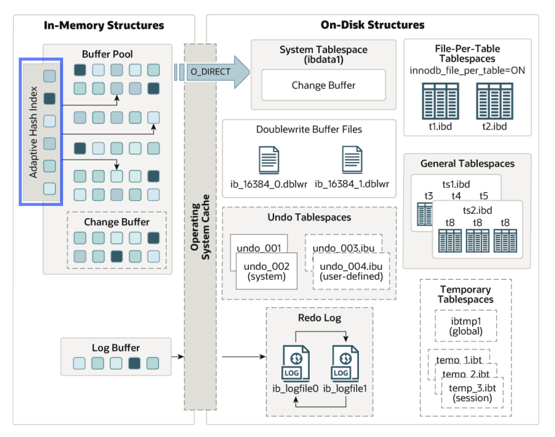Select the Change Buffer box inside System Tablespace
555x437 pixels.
tap(323, 85)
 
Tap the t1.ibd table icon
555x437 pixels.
tap(440, 101)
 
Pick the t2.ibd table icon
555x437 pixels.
tap(494, 101)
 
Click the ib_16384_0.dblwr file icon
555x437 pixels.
tap(269, 160)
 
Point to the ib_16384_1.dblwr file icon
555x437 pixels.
tap(352, 160)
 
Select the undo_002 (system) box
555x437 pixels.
tap(267, 271)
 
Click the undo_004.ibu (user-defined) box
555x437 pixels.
tap(351, 271)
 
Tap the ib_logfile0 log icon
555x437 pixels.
tap(296, 363)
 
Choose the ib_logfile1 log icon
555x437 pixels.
tap(345, 363)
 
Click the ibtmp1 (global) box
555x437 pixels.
tap(466, 326)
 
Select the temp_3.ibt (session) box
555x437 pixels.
tap(472, 393)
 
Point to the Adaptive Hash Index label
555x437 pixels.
tap(33, 132)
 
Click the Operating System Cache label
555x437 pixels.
tap(200, 227)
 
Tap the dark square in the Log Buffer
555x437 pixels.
tap(134, 363)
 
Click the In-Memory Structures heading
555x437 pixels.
tap(104, 25)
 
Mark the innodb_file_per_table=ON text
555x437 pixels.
tap(467, 71)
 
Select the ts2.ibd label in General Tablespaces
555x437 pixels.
tap(477, 210)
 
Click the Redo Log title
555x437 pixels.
tap(319, 318)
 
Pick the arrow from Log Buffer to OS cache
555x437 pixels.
tap(178, 357)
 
